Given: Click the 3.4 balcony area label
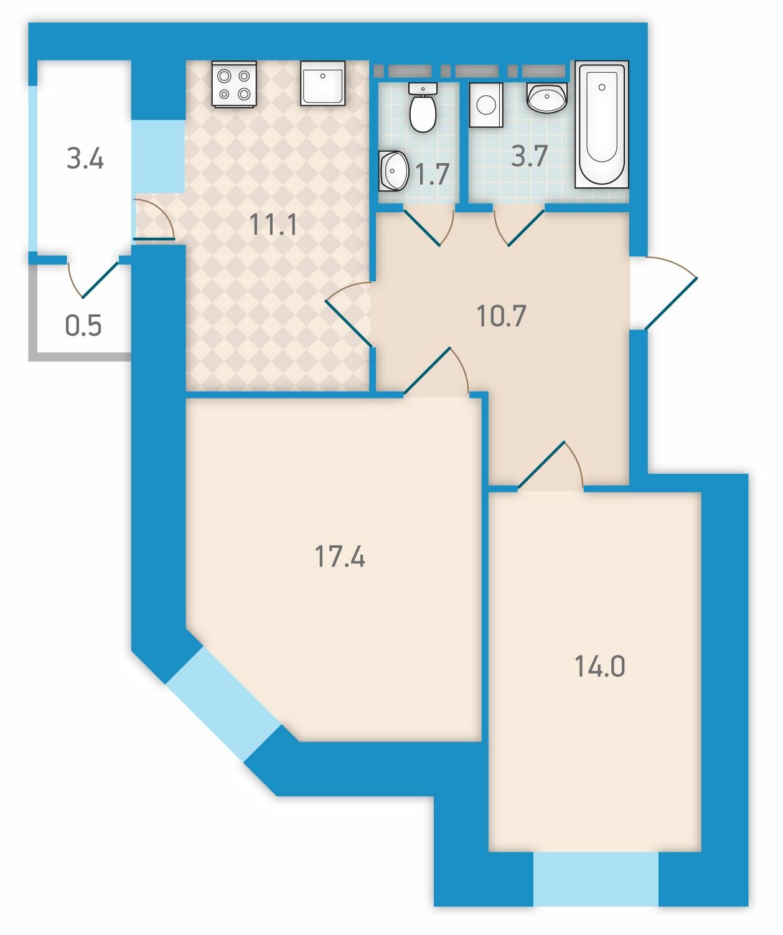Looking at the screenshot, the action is pyautogui.click(x=85, y=159).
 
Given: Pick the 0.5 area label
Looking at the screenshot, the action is pyautogui.click(x=83, y=325).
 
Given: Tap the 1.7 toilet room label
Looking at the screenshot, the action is pyautogui.click(x=432, y=174).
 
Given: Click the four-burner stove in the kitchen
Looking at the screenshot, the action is pyautogui.click(x=234, y=84).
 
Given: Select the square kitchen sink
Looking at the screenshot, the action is pyautogui.click(x=323, y=83).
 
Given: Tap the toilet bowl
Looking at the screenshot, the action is pyautogui.click(x=423, y=108).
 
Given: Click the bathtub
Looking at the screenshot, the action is pyautogui.click(x=602, y=124).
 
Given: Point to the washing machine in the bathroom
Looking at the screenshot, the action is pyautogui.click(x=486, y=105).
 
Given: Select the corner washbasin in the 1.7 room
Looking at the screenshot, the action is pyautogui.click(x=393, y=171).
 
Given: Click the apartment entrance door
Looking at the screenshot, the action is pyautogui.click(x=663, y=293).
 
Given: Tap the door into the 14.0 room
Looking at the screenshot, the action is pyautogui.click(x=551, y=465).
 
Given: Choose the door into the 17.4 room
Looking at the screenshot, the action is pyautogui.click(x=436, y=371).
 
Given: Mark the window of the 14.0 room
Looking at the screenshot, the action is pyautogui.click(x=596, y=878).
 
